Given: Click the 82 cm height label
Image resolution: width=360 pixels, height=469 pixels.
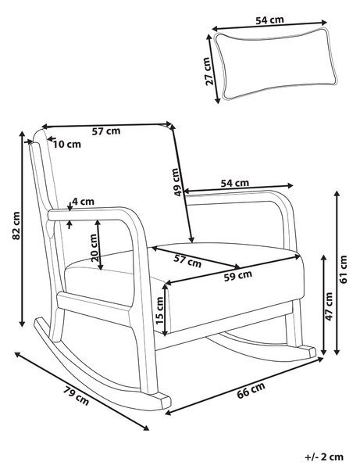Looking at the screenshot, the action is click(16, 225).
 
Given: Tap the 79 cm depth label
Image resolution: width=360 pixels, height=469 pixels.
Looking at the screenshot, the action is click(77, 396).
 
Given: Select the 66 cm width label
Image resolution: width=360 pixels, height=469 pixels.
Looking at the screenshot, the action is click(251, 390).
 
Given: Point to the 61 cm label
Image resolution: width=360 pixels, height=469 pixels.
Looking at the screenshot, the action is click(344, 269).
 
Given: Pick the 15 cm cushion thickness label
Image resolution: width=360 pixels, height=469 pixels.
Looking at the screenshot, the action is click(160, 310).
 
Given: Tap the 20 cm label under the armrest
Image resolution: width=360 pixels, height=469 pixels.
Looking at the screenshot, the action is click(94, 248).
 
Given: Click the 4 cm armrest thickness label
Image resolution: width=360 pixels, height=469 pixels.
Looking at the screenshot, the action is click(83, 202).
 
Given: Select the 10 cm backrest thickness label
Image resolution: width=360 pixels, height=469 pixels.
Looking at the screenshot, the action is click(67, 144).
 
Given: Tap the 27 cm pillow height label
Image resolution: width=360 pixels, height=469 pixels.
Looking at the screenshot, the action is click(209, 71).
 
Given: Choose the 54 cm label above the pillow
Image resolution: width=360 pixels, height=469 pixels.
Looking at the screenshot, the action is click(269, 20).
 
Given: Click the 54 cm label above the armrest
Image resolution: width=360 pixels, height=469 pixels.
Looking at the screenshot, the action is click(235, 182).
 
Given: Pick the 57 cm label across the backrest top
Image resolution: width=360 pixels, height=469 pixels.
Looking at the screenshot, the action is click(106, 131).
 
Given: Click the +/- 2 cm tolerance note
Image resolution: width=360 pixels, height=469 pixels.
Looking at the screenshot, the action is click(324, 457).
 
